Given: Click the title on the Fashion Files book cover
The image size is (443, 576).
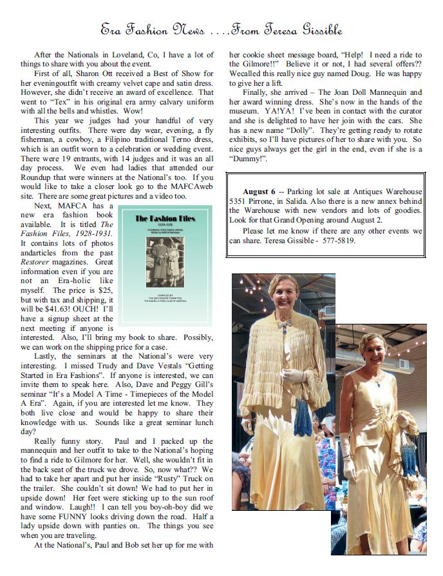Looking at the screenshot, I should coord(165,218).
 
